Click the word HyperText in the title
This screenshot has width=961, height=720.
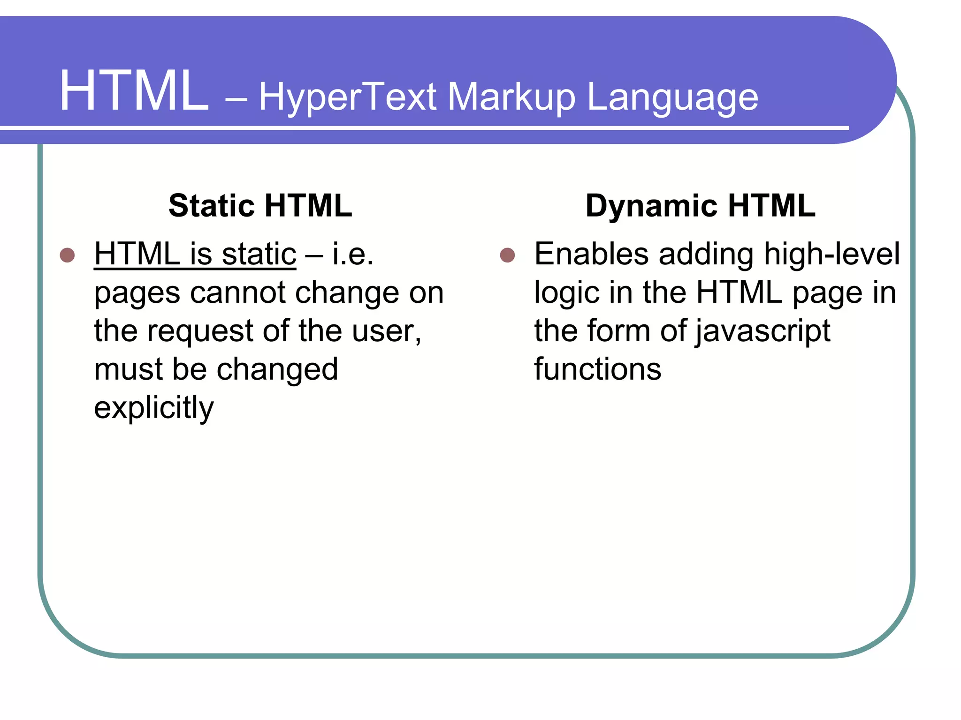click(x=347, y=97)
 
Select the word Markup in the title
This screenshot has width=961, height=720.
click(x=511, y=97)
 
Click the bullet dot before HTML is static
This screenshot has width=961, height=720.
click(x=68, y=255)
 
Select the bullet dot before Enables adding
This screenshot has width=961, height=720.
click(x=507, y=255)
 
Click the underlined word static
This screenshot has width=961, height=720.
click(x=259, y=254)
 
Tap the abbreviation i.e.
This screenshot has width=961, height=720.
click(x=353, y=254)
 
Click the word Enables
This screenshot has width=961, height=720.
click(x=591, y=254)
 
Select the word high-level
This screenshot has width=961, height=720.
click(x=831, y=254)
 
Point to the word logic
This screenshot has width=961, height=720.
click(x=567, y=293)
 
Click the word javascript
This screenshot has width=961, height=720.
click(x=763, y=331)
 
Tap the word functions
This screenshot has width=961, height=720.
click(x=597, y=369)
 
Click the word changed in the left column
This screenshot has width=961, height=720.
click(x=277, y=369)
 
